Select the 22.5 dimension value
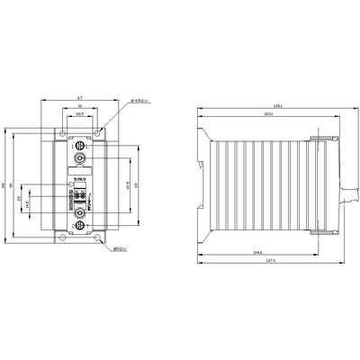[80, 114]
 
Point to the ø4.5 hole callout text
[121, 102]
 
